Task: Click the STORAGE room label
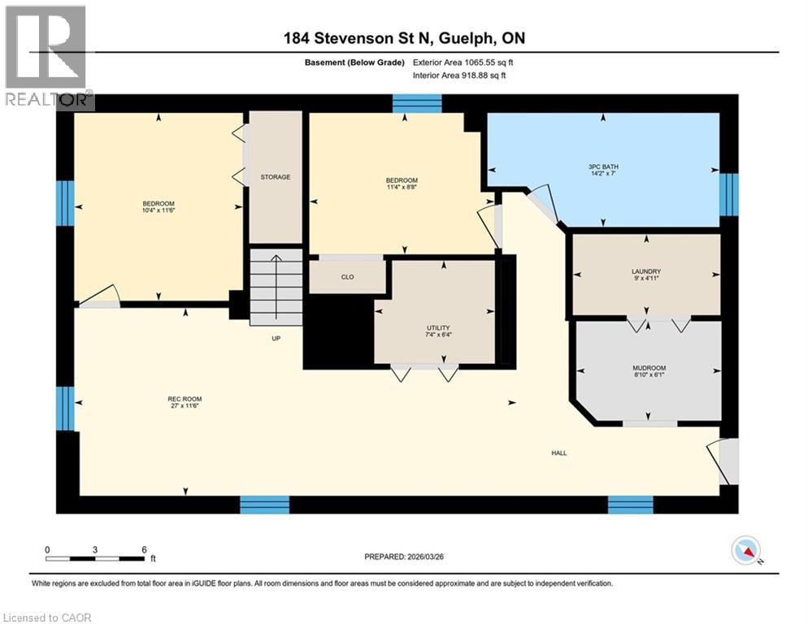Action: point(275,177)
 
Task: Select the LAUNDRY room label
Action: point(646,271)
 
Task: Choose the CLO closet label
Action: point(347,277)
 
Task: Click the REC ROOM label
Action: point(185,399)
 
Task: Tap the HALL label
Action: point(558,453)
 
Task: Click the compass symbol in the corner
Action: point(746,551)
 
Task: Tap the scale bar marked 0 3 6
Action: point(96,557)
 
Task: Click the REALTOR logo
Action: point(47,56)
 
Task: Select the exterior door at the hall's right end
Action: point(728,461)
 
